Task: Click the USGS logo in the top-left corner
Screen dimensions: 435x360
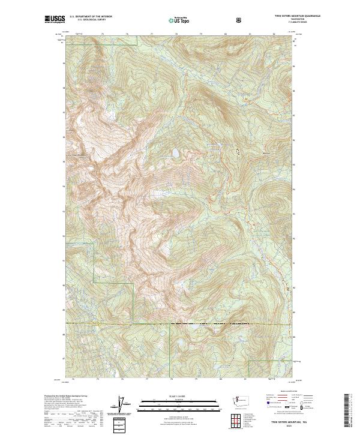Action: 55,20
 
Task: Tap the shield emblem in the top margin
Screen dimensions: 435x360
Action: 241,20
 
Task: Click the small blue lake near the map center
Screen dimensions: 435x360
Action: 175,154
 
